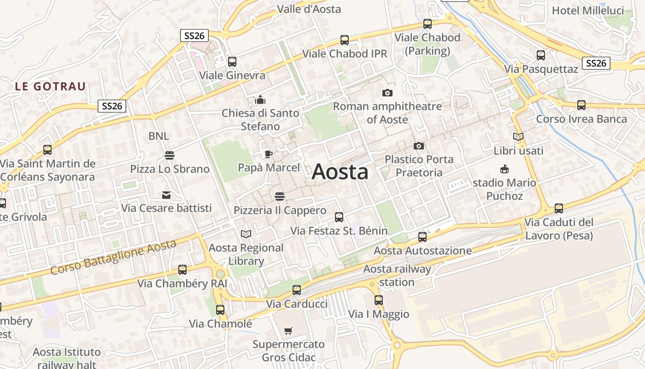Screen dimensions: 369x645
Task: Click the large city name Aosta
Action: (340, 172)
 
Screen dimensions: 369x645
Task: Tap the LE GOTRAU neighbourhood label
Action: (50, 86)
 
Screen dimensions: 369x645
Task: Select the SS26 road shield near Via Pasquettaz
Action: (596, 63)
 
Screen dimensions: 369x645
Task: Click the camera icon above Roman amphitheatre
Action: (387, 93)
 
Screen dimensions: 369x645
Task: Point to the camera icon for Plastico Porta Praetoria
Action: (419, 146)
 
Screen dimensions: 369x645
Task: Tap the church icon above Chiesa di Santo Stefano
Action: (260, 100)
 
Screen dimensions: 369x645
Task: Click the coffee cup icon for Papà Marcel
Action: (268, 154)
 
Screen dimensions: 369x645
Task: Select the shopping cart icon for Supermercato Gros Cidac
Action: (288, 331)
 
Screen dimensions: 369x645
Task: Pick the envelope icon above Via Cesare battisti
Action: (166, 195)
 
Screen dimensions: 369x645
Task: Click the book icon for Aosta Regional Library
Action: (246, 234)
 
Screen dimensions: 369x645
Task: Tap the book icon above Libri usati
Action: (518, 137)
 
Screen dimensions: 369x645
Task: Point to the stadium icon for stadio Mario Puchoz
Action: (504, 169)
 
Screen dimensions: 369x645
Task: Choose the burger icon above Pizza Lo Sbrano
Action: (170, 155)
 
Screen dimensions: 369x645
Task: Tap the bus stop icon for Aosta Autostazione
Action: (422, 237)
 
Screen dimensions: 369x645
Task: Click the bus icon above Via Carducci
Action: (297, 290)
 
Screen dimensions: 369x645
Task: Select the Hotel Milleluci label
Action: (587, 10)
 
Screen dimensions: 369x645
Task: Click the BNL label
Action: (158, 136)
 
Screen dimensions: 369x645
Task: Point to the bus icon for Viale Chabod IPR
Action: (345, 40)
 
